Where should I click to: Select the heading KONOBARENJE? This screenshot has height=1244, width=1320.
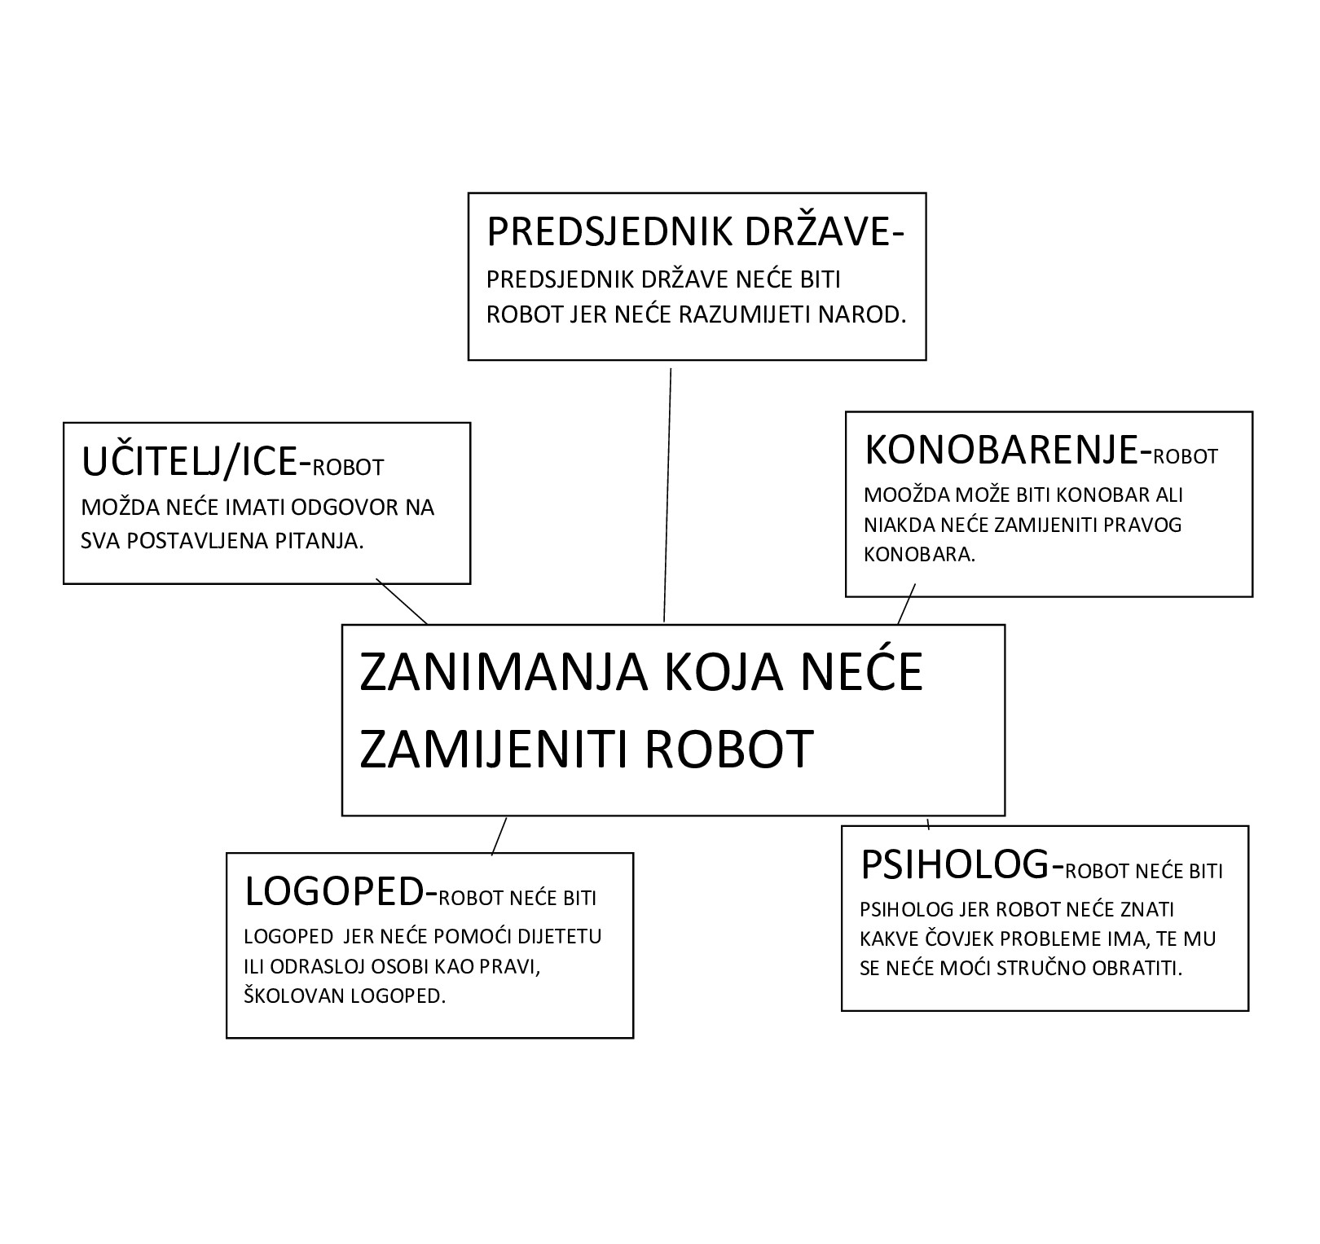point(1001,450)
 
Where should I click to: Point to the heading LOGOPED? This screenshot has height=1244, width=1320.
point(333,892)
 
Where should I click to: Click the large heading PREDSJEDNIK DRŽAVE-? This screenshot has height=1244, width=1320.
point(696,231)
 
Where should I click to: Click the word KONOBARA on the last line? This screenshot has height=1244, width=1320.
point(918,555)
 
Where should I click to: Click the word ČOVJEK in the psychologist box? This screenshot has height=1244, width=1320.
point(957,938)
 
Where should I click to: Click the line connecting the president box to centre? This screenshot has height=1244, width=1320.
point(667,495)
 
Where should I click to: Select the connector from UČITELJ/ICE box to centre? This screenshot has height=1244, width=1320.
point(401,601)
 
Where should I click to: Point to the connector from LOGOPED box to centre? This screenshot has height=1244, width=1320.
point(499,836)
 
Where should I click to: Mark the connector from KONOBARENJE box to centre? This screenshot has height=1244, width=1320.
point(906,604)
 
